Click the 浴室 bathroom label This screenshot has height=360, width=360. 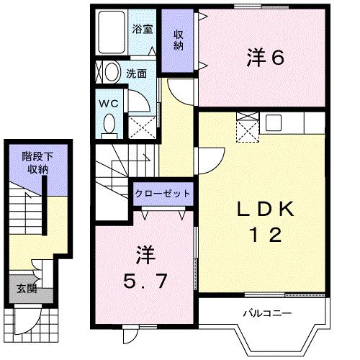tap(142, 30)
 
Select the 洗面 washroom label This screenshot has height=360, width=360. tap(137, 73)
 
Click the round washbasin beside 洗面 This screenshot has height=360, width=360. tap(111, 72)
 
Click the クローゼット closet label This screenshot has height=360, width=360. tap(163, 194)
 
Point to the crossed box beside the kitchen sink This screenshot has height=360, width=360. tap(248, 127)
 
